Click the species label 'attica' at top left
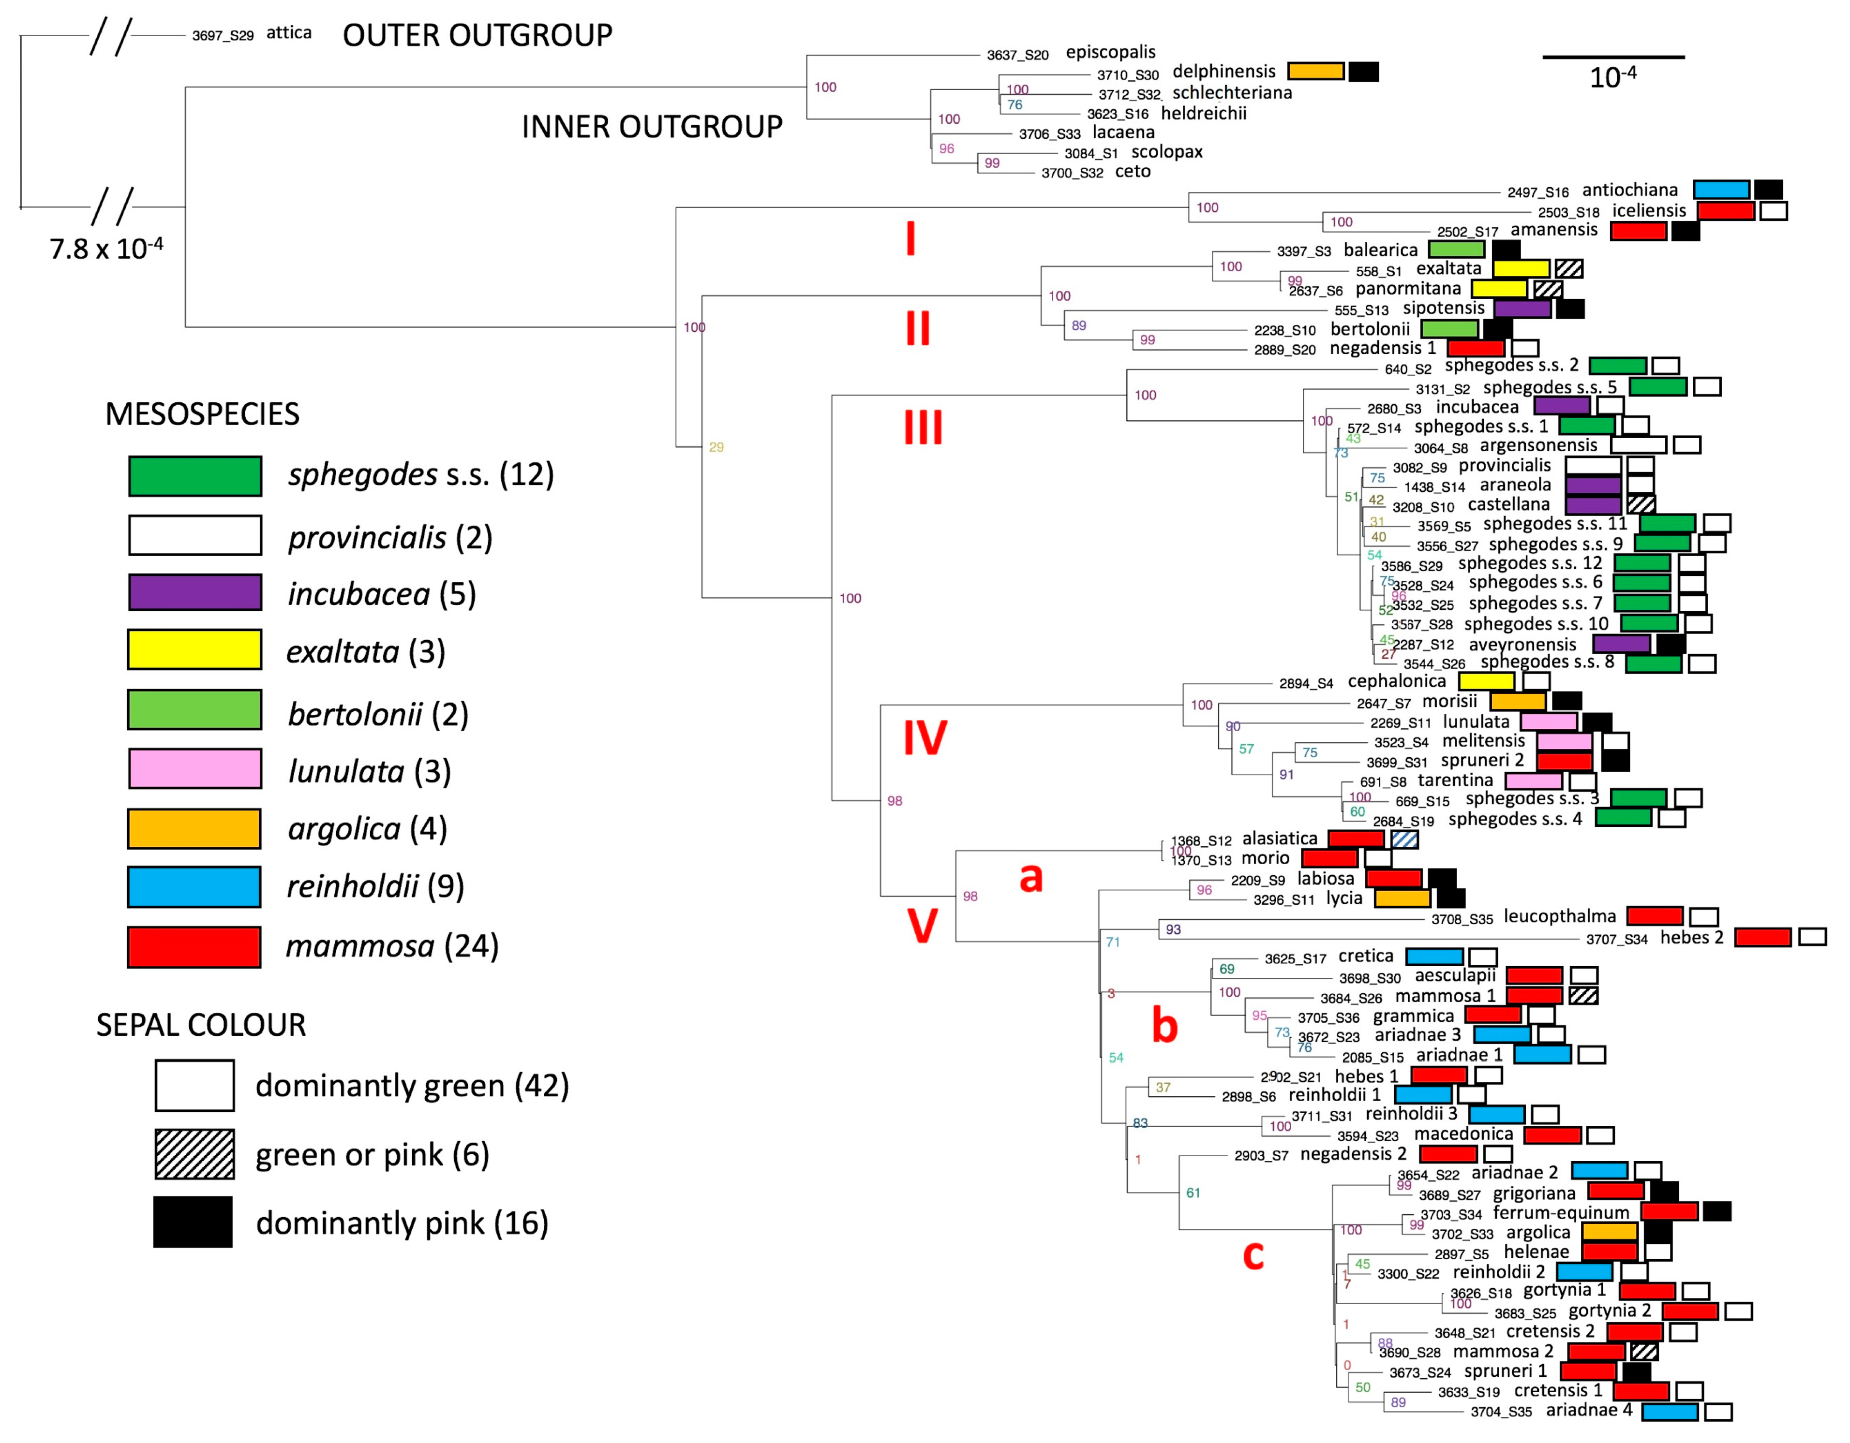coord(289,33)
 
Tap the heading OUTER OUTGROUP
coord(477,36)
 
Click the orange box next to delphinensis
coord(1315,71)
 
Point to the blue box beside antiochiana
coord(1721,190)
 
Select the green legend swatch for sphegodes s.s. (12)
coord(195,476)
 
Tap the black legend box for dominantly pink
coord(193,1222)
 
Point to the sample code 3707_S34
coord(1616,939)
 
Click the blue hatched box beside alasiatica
coord(1404,839)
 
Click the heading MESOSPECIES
coord(202,414)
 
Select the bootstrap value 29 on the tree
coord(716,447)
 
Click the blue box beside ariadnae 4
coord(1670,1412)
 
